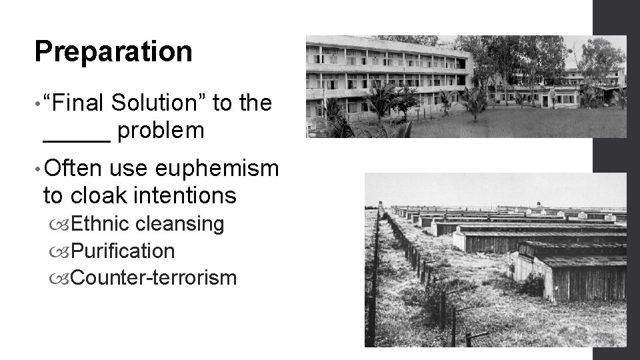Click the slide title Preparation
pyautogui.click(x=113, y=52)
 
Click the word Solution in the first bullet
pyautogui.click(x=161, y=103)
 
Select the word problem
pyautogui.click(x=161, y=131)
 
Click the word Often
pyautogui.click(x=73, y=169)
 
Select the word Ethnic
pyautogui.click(x=100, y=224)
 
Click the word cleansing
pyautogui.click(x=179, y=224)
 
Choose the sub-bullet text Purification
pyautogui.click(x=122, y=251)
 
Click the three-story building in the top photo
pyautogui.click(x=387, y=73)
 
